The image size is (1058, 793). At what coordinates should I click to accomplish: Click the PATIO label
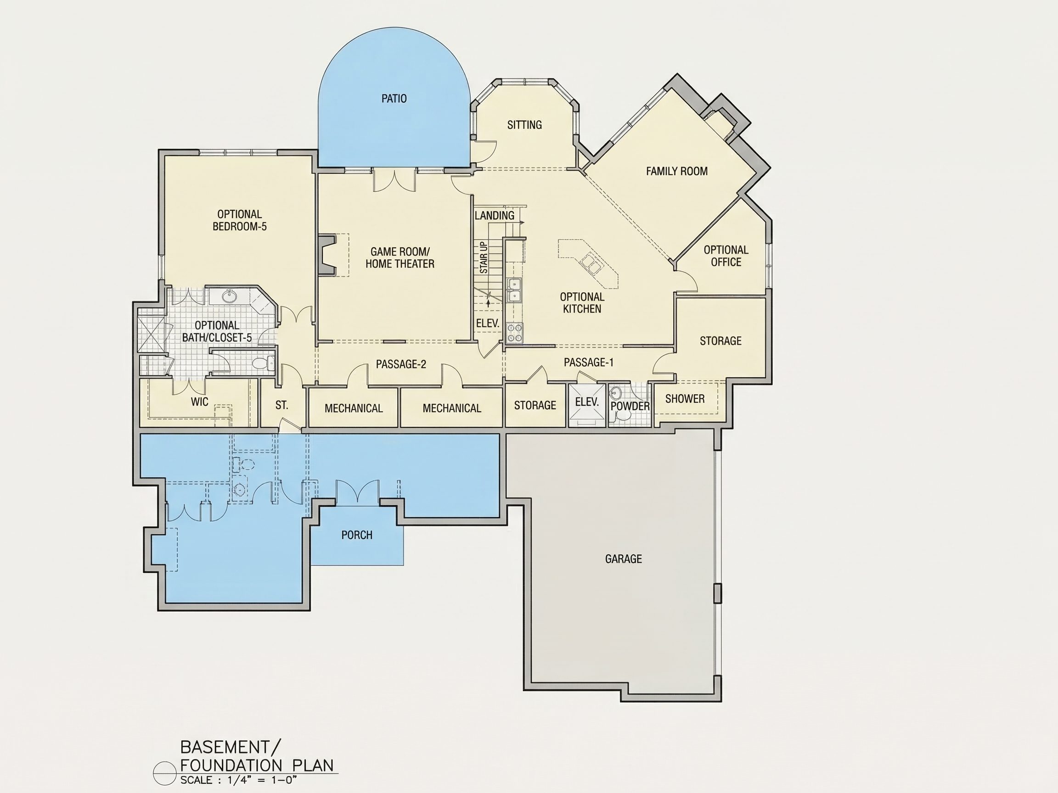point(394,99)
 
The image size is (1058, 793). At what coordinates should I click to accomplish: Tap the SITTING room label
point(524,125)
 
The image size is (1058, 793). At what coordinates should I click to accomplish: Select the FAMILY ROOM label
point(677,171)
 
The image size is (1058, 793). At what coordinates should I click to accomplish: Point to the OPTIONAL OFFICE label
point(726,256)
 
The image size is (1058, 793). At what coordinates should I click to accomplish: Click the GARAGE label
point(623,559)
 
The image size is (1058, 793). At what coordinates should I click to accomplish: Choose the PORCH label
point(357,535)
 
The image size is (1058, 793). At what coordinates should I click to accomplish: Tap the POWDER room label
point(630,406)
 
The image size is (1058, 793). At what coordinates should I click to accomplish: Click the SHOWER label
point(685,399)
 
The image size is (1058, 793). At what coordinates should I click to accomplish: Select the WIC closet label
point(199,402)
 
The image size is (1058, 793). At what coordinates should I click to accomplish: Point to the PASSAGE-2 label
point(401,364)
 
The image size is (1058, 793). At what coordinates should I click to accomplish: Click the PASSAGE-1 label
point(588,363)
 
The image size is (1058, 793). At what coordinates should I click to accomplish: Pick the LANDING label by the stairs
point(494,216)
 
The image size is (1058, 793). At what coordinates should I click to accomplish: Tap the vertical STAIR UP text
point(484,257)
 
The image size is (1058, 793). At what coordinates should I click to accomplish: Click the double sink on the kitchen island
point(590,264)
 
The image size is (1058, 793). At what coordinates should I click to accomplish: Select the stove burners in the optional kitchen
point(515,333)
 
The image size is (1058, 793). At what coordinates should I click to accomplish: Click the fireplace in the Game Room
point(327,254)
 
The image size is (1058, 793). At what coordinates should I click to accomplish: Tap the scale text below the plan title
point(239,780)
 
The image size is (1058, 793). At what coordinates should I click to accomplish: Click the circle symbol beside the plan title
point(164,773)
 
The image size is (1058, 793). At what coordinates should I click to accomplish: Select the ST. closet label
point(281,405)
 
